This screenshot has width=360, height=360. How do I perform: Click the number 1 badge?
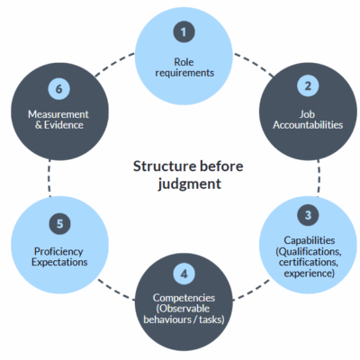click(x=184, y=32)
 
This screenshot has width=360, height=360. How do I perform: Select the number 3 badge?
click(x=308, y=215)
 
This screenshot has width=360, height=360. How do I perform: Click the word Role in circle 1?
click(x=184, y=60)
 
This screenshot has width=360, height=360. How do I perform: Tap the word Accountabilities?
click(x=308, y=125)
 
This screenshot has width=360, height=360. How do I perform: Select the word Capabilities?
click(x=308, y=241)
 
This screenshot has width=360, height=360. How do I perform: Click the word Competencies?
click(x=184, y=296)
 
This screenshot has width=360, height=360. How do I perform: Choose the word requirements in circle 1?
click(x=184, y=73)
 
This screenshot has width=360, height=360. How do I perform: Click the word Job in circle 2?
click(x=308, y=112)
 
